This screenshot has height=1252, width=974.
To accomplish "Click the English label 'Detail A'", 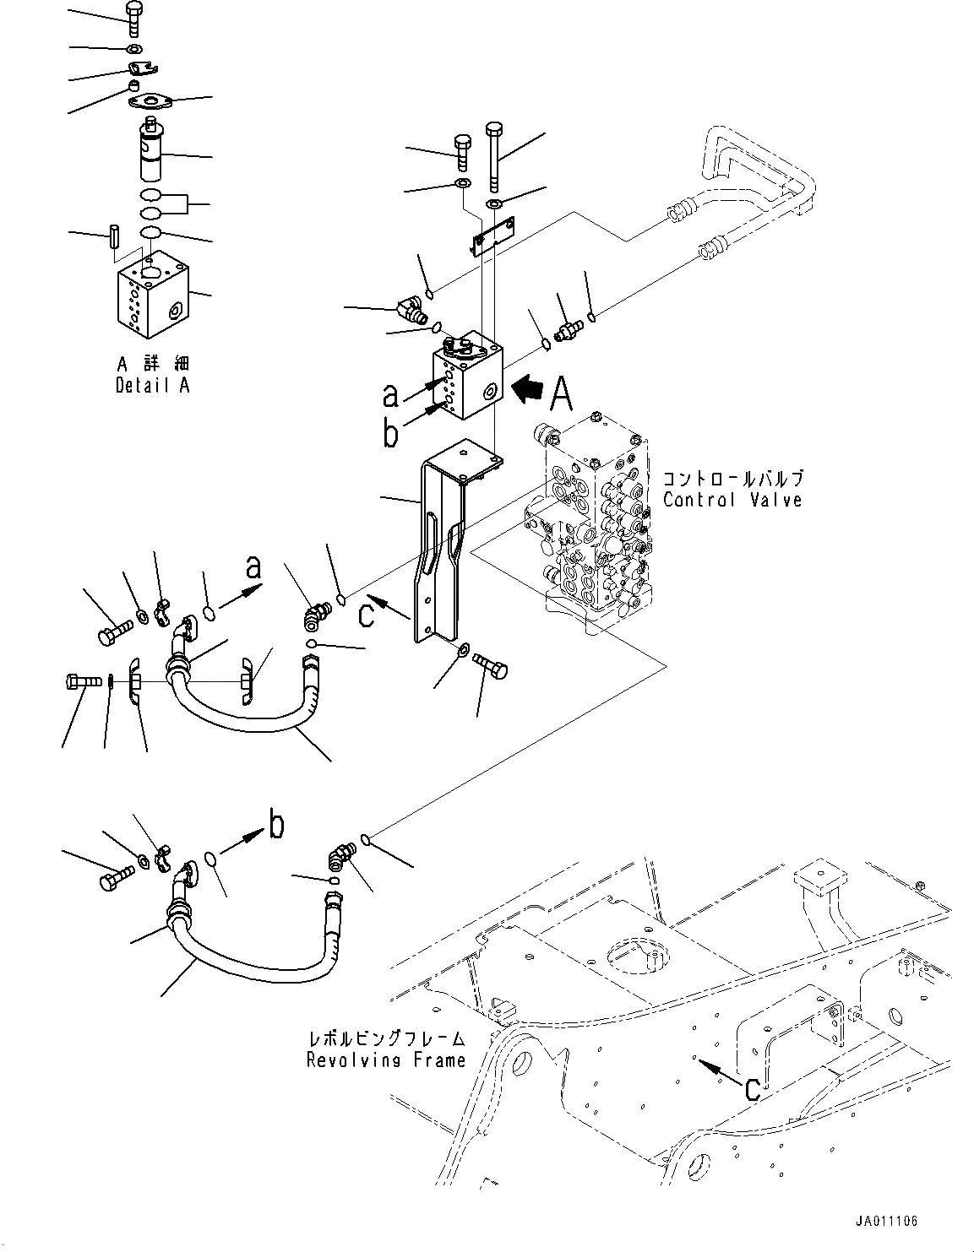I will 152,386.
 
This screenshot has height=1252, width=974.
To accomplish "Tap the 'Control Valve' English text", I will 732,500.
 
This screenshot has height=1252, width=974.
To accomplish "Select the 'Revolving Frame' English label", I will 386,1060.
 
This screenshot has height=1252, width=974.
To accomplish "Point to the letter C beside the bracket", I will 365,615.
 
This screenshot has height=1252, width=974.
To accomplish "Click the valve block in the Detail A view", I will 152,300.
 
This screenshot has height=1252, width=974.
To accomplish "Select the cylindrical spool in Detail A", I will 153,152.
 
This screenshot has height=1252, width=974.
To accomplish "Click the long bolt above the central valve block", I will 494,156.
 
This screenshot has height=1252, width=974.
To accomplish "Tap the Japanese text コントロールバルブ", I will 733,479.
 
